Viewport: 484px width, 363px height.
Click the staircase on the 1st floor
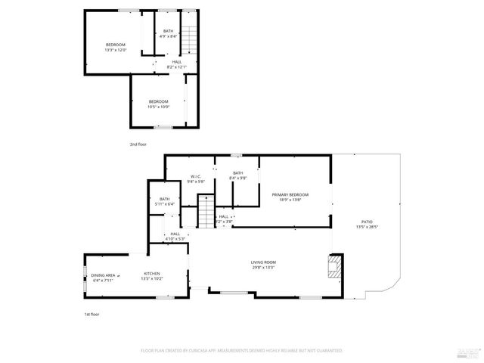(x=206, y=211)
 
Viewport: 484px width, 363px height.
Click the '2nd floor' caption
(x=138, y=143)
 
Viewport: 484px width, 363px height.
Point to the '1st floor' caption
(x=91, y=314)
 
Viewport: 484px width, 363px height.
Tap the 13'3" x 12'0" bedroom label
(x=115, y=47)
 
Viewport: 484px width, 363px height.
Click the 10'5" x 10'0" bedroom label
(x=159, y=104)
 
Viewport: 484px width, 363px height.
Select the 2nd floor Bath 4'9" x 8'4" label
(x=168, y=33)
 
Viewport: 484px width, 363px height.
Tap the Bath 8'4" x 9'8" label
(x=237, y=175)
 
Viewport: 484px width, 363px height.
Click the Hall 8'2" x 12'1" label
(x=176, y=64)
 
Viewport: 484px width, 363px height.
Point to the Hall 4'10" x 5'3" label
(x=175, y=237)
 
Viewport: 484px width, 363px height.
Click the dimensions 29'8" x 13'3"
(x=263, y=268)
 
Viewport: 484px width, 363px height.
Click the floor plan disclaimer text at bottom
(x=242, y=351)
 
